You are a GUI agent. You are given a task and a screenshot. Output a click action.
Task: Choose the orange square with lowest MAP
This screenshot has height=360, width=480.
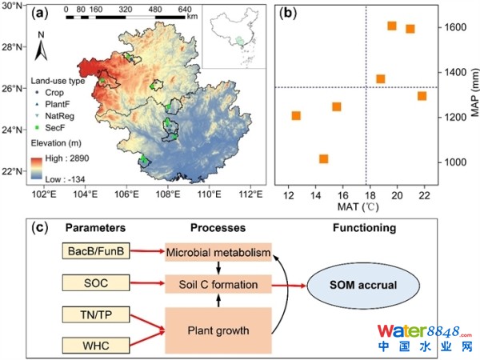(323, 159)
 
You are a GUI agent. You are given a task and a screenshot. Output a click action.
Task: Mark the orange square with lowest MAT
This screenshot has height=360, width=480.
(296, 116)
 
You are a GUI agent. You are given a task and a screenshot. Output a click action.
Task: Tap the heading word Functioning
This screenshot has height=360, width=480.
(365, 228)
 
